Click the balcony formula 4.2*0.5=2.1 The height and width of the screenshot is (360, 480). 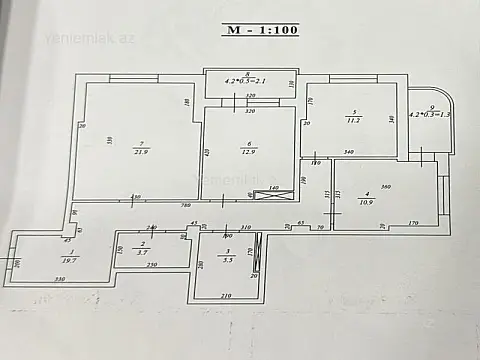tap(245, 81)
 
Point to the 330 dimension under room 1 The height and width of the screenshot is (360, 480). tap(59, 278)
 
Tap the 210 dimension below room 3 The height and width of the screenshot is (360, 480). tap(226, 296)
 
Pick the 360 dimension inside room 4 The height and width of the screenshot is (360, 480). tap(385, 188)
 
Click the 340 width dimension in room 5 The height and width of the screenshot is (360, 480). tap(349, 151)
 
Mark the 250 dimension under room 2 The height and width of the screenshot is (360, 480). tap(152, 265)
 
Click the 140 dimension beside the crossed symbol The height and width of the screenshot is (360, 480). tap(272, 189)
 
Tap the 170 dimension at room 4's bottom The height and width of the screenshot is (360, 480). tap(411, 227)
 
